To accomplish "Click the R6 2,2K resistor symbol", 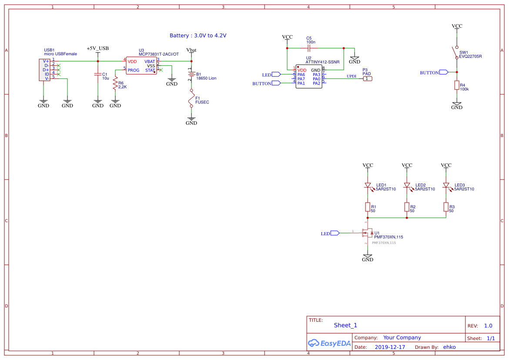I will [115, 83].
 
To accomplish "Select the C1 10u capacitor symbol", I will [98, 74].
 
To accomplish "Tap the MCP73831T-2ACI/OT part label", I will [158, 54].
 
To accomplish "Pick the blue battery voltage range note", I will [198, 36].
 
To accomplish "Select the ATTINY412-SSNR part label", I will [322, 62].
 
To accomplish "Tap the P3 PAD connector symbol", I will [368, 79].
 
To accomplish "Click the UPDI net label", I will [351, 76].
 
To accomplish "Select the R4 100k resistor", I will [457, 85].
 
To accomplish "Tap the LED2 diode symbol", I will [407, 186].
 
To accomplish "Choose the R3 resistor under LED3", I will [446, 207].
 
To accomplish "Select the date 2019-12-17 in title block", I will [390, 347].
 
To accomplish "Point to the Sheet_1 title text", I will [345, 325].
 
